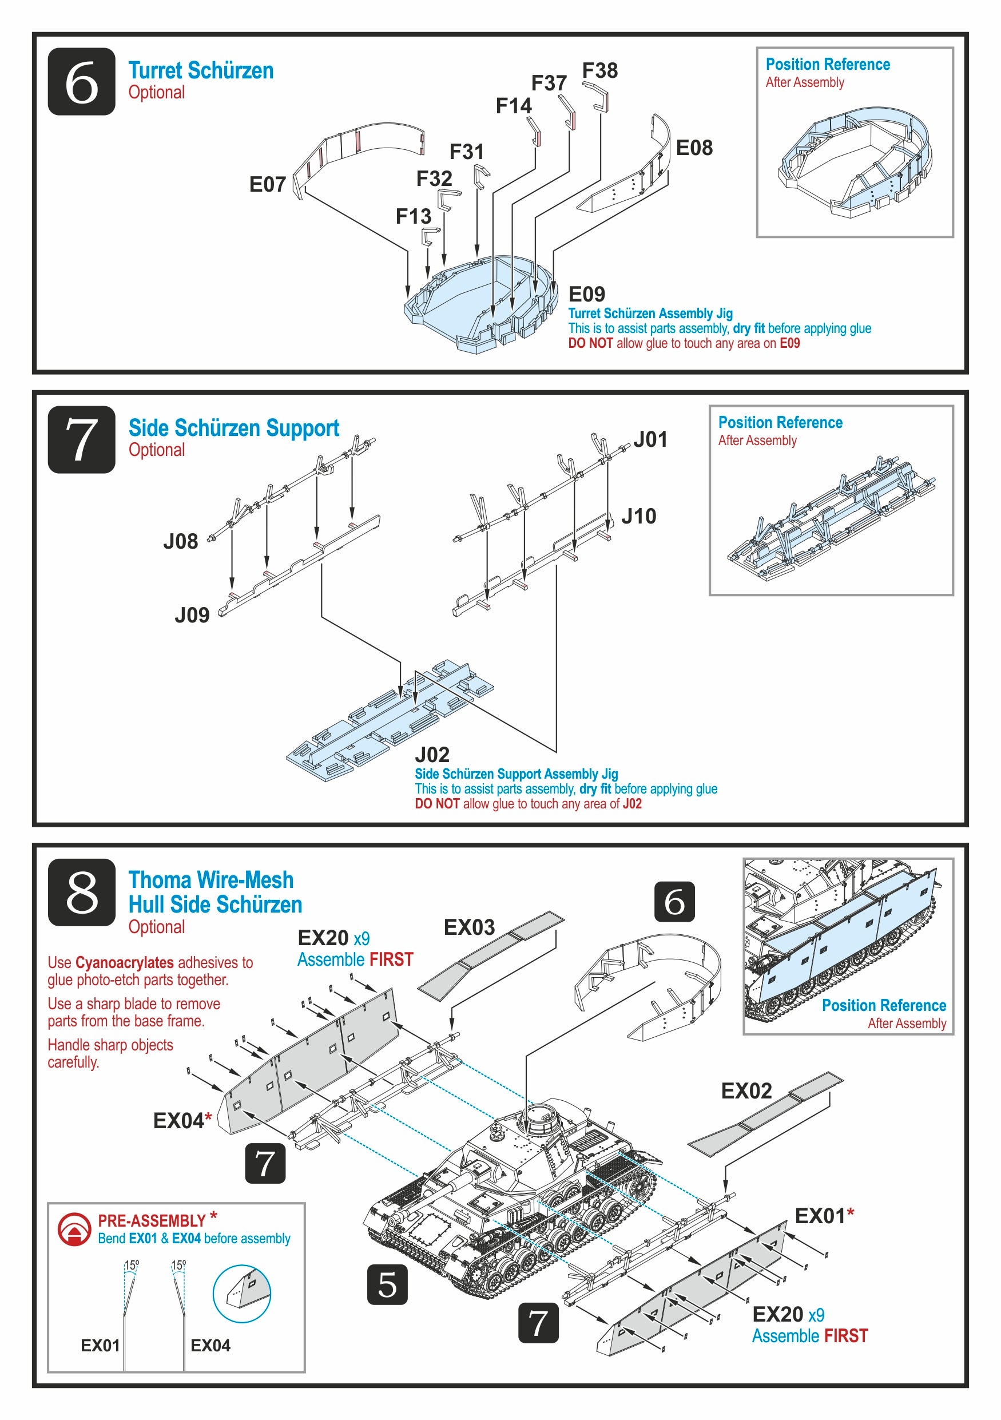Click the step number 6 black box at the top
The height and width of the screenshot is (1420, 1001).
point(82,82)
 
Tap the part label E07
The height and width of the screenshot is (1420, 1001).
point(267,184)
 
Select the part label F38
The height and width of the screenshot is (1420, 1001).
point(599,70)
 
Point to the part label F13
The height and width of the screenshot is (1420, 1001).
point(413,216)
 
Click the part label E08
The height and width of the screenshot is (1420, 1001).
point(694,148)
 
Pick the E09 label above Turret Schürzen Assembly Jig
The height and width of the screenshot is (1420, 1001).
point(586,295)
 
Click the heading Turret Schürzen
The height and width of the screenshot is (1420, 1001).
point(201,70)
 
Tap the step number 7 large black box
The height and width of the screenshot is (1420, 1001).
point(82,440)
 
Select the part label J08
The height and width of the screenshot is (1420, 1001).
point(181,542)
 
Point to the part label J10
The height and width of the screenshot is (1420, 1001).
point(639,517)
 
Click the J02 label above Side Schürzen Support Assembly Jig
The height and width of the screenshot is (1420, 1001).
point(432,755)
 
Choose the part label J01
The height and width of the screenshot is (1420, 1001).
point(650,440)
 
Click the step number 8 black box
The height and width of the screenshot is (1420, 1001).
point(82,893)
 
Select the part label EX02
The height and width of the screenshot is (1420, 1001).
point(746,1091)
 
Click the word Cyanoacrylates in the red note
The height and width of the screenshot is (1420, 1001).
point(124,963)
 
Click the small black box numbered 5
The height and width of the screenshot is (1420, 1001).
point(387,1285)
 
